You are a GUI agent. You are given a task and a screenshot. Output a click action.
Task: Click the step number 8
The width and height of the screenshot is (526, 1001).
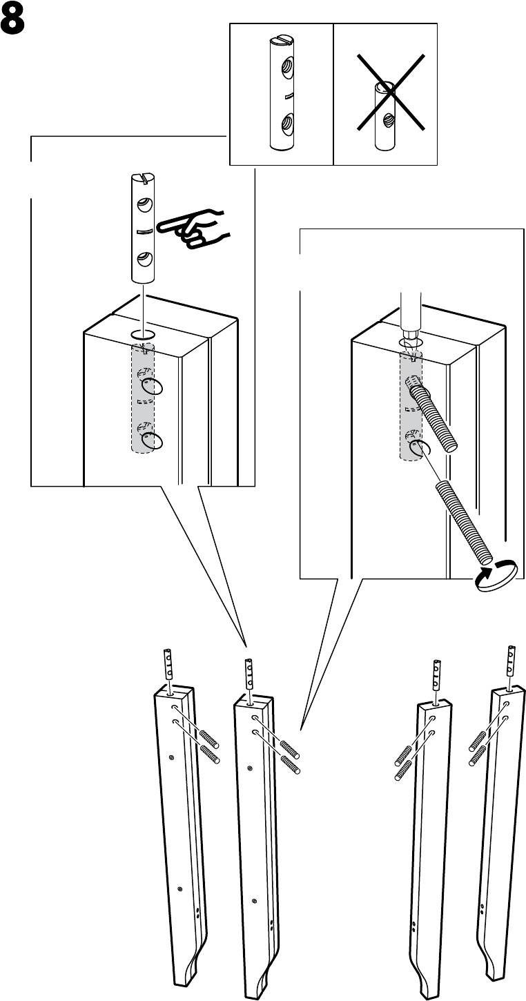[x=12, y=21]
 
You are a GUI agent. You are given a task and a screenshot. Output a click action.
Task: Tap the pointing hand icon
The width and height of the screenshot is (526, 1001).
[x=193, y=229]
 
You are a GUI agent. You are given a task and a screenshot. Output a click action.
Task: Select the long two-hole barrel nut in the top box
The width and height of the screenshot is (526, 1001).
[x=282, y=93]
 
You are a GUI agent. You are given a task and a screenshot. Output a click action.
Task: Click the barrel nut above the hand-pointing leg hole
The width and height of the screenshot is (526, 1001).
[x=143, y=229]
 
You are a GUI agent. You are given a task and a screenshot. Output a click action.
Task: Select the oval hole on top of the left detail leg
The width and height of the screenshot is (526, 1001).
[x=143, y=334]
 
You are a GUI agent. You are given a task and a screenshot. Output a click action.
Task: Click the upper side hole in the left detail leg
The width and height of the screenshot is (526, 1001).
[x=152, y=387]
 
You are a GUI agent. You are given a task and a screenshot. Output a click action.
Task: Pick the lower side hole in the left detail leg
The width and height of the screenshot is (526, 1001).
[x=152, y=440]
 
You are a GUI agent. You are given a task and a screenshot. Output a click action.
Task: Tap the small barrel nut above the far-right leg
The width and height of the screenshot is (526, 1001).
[x=511, y=661]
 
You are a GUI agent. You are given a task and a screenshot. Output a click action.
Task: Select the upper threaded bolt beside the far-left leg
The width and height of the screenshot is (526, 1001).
[x=208, y=739]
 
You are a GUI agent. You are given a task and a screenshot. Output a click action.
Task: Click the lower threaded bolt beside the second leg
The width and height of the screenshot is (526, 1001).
[x=290, y=764]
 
